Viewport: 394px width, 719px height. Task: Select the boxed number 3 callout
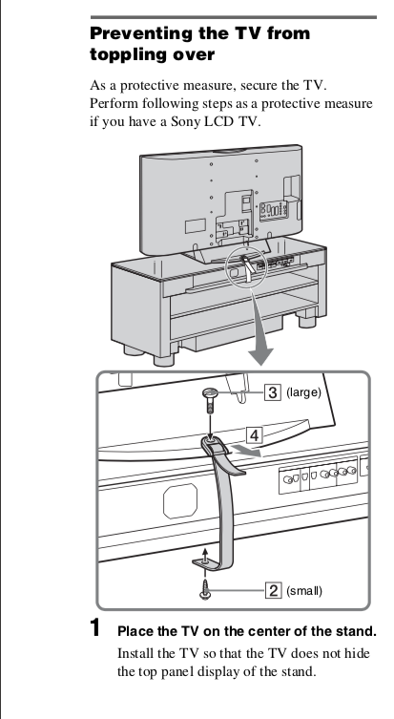point(273,392)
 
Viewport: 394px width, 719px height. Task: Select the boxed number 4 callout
point(255,434)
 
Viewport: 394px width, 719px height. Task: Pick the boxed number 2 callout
point(273,591)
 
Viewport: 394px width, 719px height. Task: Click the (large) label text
point(303,393)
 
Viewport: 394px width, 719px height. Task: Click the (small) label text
point(304,591)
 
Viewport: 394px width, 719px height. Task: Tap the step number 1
point(94,627)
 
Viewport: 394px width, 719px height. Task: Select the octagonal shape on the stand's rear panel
point(180,501)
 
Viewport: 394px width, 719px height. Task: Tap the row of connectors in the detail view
point(320,476)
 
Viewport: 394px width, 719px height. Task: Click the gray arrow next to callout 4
point(246,450)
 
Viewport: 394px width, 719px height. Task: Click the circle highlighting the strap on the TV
point(247,266)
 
